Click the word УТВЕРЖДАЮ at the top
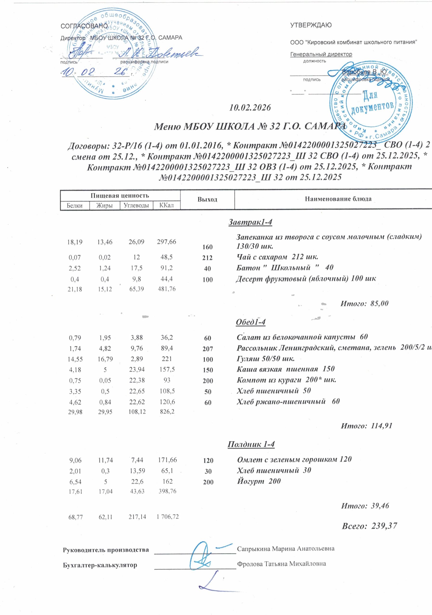point(311,25)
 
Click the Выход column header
point(207,200)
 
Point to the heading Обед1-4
point(250,322)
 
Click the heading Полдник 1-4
point(251,444)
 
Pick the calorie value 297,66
point(167,242)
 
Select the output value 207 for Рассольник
point(208,349)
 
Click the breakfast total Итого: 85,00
point(364,303)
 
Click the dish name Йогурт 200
point(259,481)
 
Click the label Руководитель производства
point(106,550)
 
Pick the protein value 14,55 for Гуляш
point(75,359)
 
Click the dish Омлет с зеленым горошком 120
point(294,459)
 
